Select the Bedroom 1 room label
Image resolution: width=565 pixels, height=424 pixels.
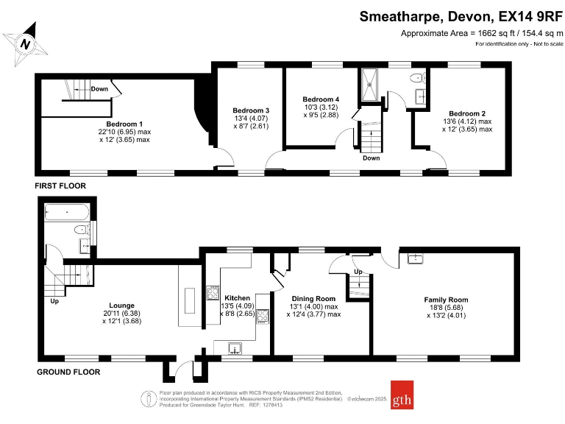click(124, 123)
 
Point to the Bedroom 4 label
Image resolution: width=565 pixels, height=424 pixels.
click(321, 99)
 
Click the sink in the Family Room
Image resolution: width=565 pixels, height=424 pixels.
click(415, 258)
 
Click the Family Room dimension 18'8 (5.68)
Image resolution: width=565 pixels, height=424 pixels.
click(446, 308)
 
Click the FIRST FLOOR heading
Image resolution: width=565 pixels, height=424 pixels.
click(60, 186)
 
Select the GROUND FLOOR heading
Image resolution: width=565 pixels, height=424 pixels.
click(68, 372)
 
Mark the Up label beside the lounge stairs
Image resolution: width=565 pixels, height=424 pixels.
click(54, 301)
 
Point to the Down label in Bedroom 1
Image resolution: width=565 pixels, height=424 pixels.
click(99, 89)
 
